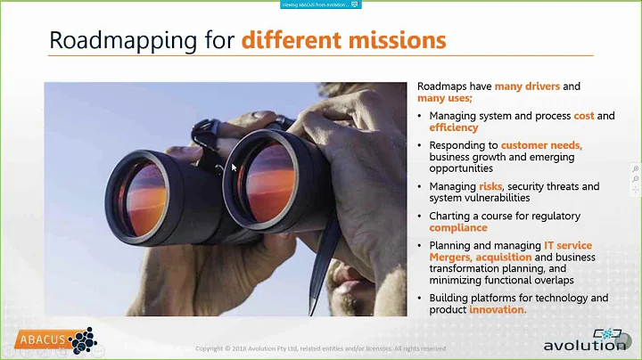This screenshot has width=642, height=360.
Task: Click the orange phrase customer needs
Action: [x=541, y=145]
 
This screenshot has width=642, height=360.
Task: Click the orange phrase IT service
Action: [x=567, y=245]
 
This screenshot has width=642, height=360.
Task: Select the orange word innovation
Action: [x=498, y=309]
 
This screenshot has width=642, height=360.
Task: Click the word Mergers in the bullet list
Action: [x=450, y=257]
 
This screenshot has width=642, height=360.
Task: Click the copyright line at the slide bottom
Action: [x=321, y=348]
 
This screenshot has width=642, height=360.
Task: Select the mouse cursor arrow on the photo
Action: [x=235, y=168]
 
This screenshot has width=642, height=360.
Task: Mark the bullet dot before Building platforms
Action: [x=421, y=299]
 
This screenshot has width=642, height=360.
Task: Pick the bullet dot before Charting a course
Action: [x=421, y=217]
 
